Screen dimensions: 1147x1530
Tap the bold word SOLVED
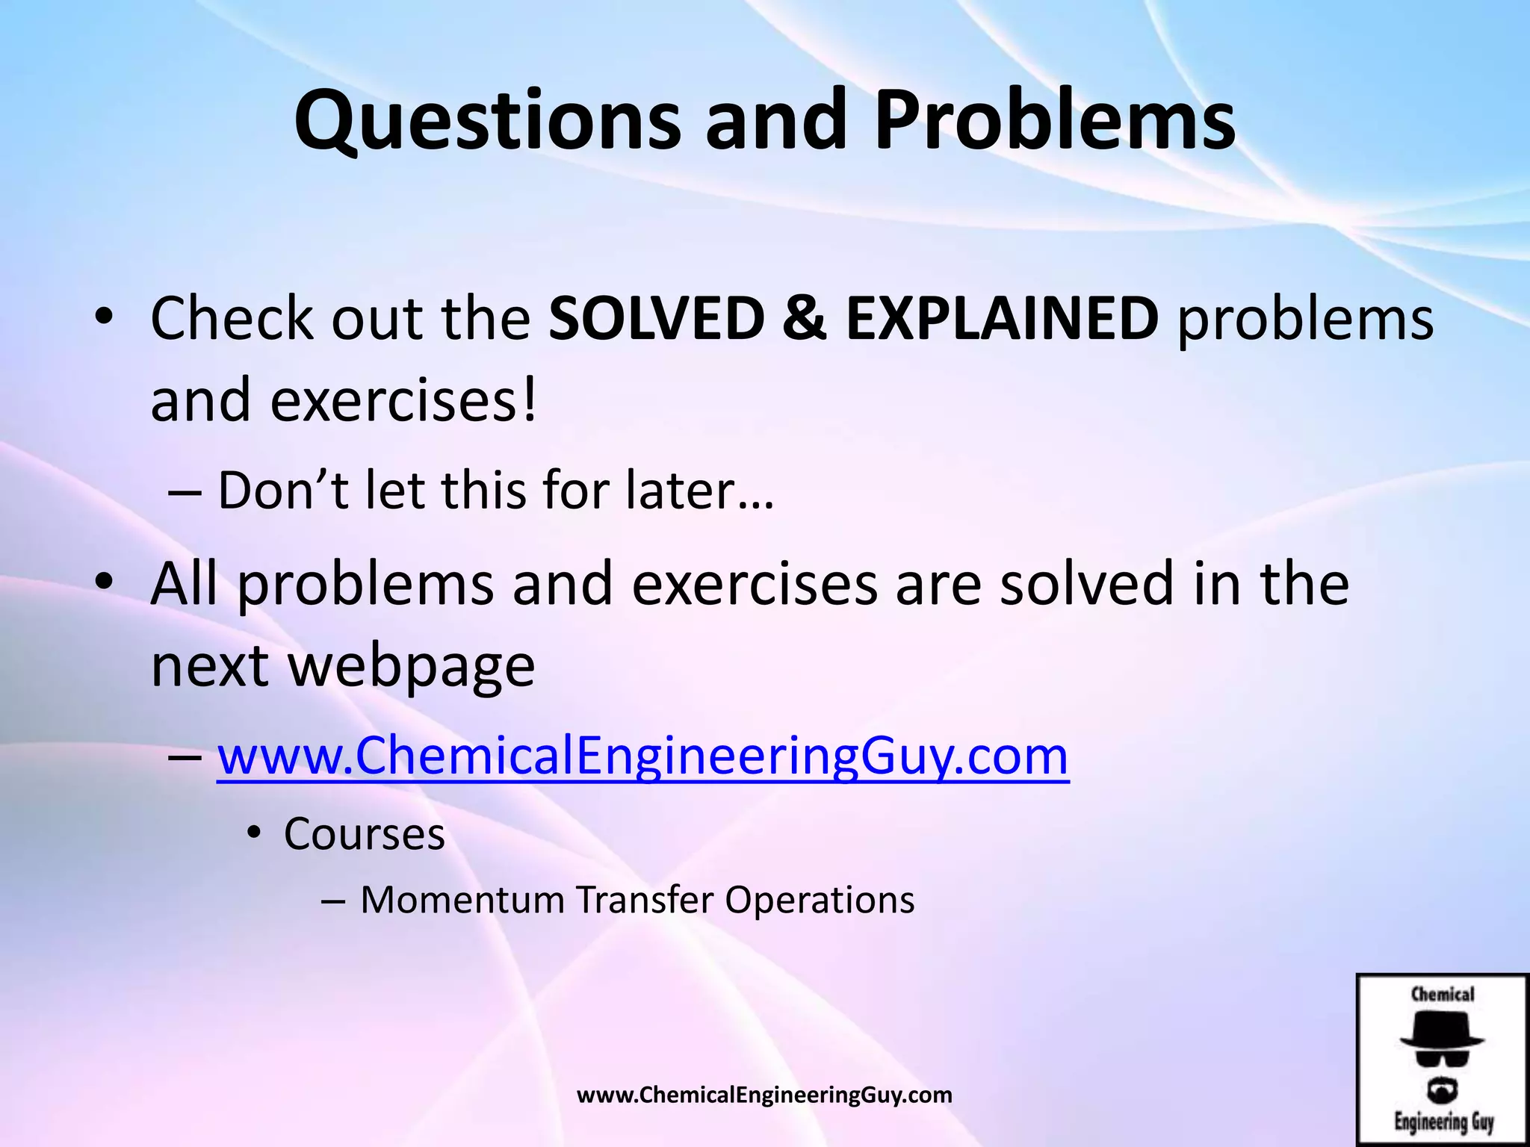[657, 319]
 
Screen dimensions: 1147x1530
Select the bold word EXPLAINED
[1002, 319]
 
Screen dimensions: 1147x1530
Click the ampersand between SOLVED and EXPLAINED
[805, 319]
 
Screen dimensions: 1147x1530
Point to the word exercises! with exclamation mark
[403, 400]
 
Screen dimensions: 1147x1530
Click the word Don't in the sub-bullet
[283, 491]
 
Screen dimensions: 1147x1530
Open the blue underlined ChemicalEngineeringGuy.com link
[642, 756]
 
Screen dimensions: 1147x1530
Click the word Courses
[365, 833]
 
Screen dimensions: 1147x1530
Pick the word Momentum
[462, 899]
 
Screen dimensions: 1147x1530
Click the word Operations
[820, 899]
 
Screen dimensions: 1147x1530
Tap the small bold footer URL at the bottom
[764, 1095]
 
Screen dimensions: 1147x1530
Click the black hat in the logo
[1442, 1031]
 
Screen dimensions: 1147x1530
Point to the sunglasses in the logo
[1442, 1057]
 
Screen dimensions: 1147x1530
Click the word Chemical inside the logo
[1443, 994]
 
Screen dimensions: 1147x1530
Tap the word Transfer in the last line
[644, 899]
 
